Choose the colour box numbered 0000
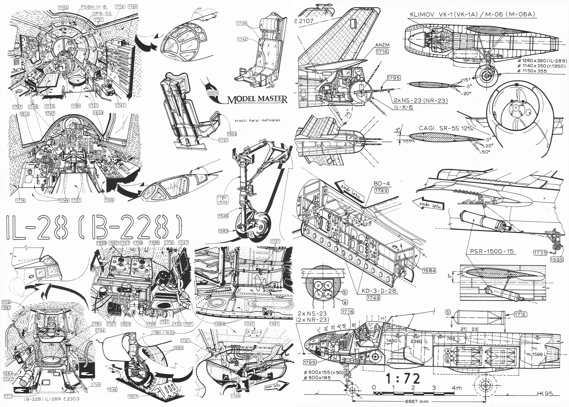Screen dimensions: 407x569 213,93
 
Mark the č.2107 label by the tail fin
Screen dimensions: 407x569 304,21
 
